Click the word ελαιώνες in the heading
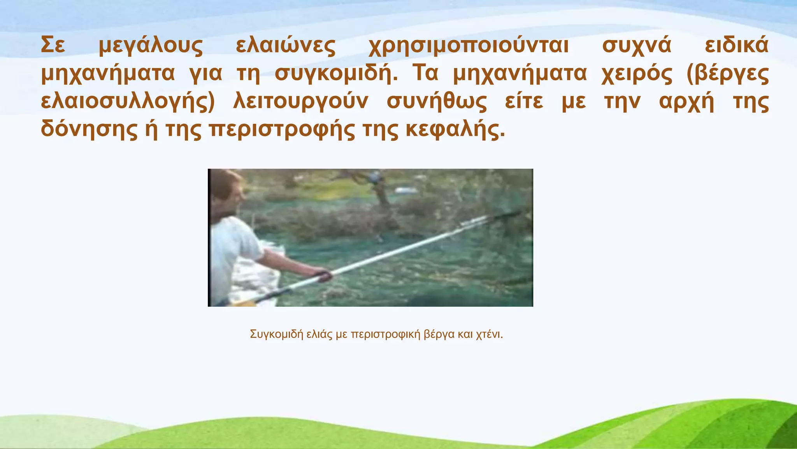[x=285, y=46]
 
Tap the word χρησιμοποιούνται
[x=469, y=46]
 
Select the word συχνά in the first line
[x=637, y=46]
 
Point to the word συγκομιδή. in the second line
[x=336, y=74]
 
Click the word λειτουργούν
[x=300, y=102]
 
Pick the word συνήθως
[x=436, y=102]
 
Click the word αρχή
[x=686, y=102]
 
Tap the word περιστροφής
[x=282, y=129]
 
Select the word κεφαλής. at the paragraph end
[x=455, y=129]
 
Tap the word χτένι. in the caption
[x=489, y=334]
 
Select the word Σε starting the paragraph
[x=53, y=46]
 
